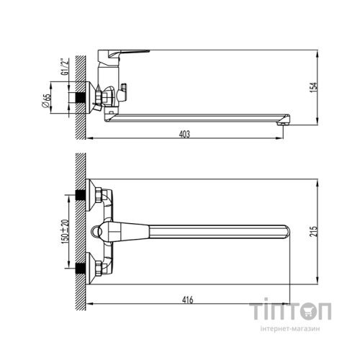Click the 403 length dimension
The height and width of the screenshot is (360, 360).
(x=186, y=132)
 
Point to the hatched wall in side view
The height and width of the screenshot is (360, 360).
(x=82, y=94)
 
